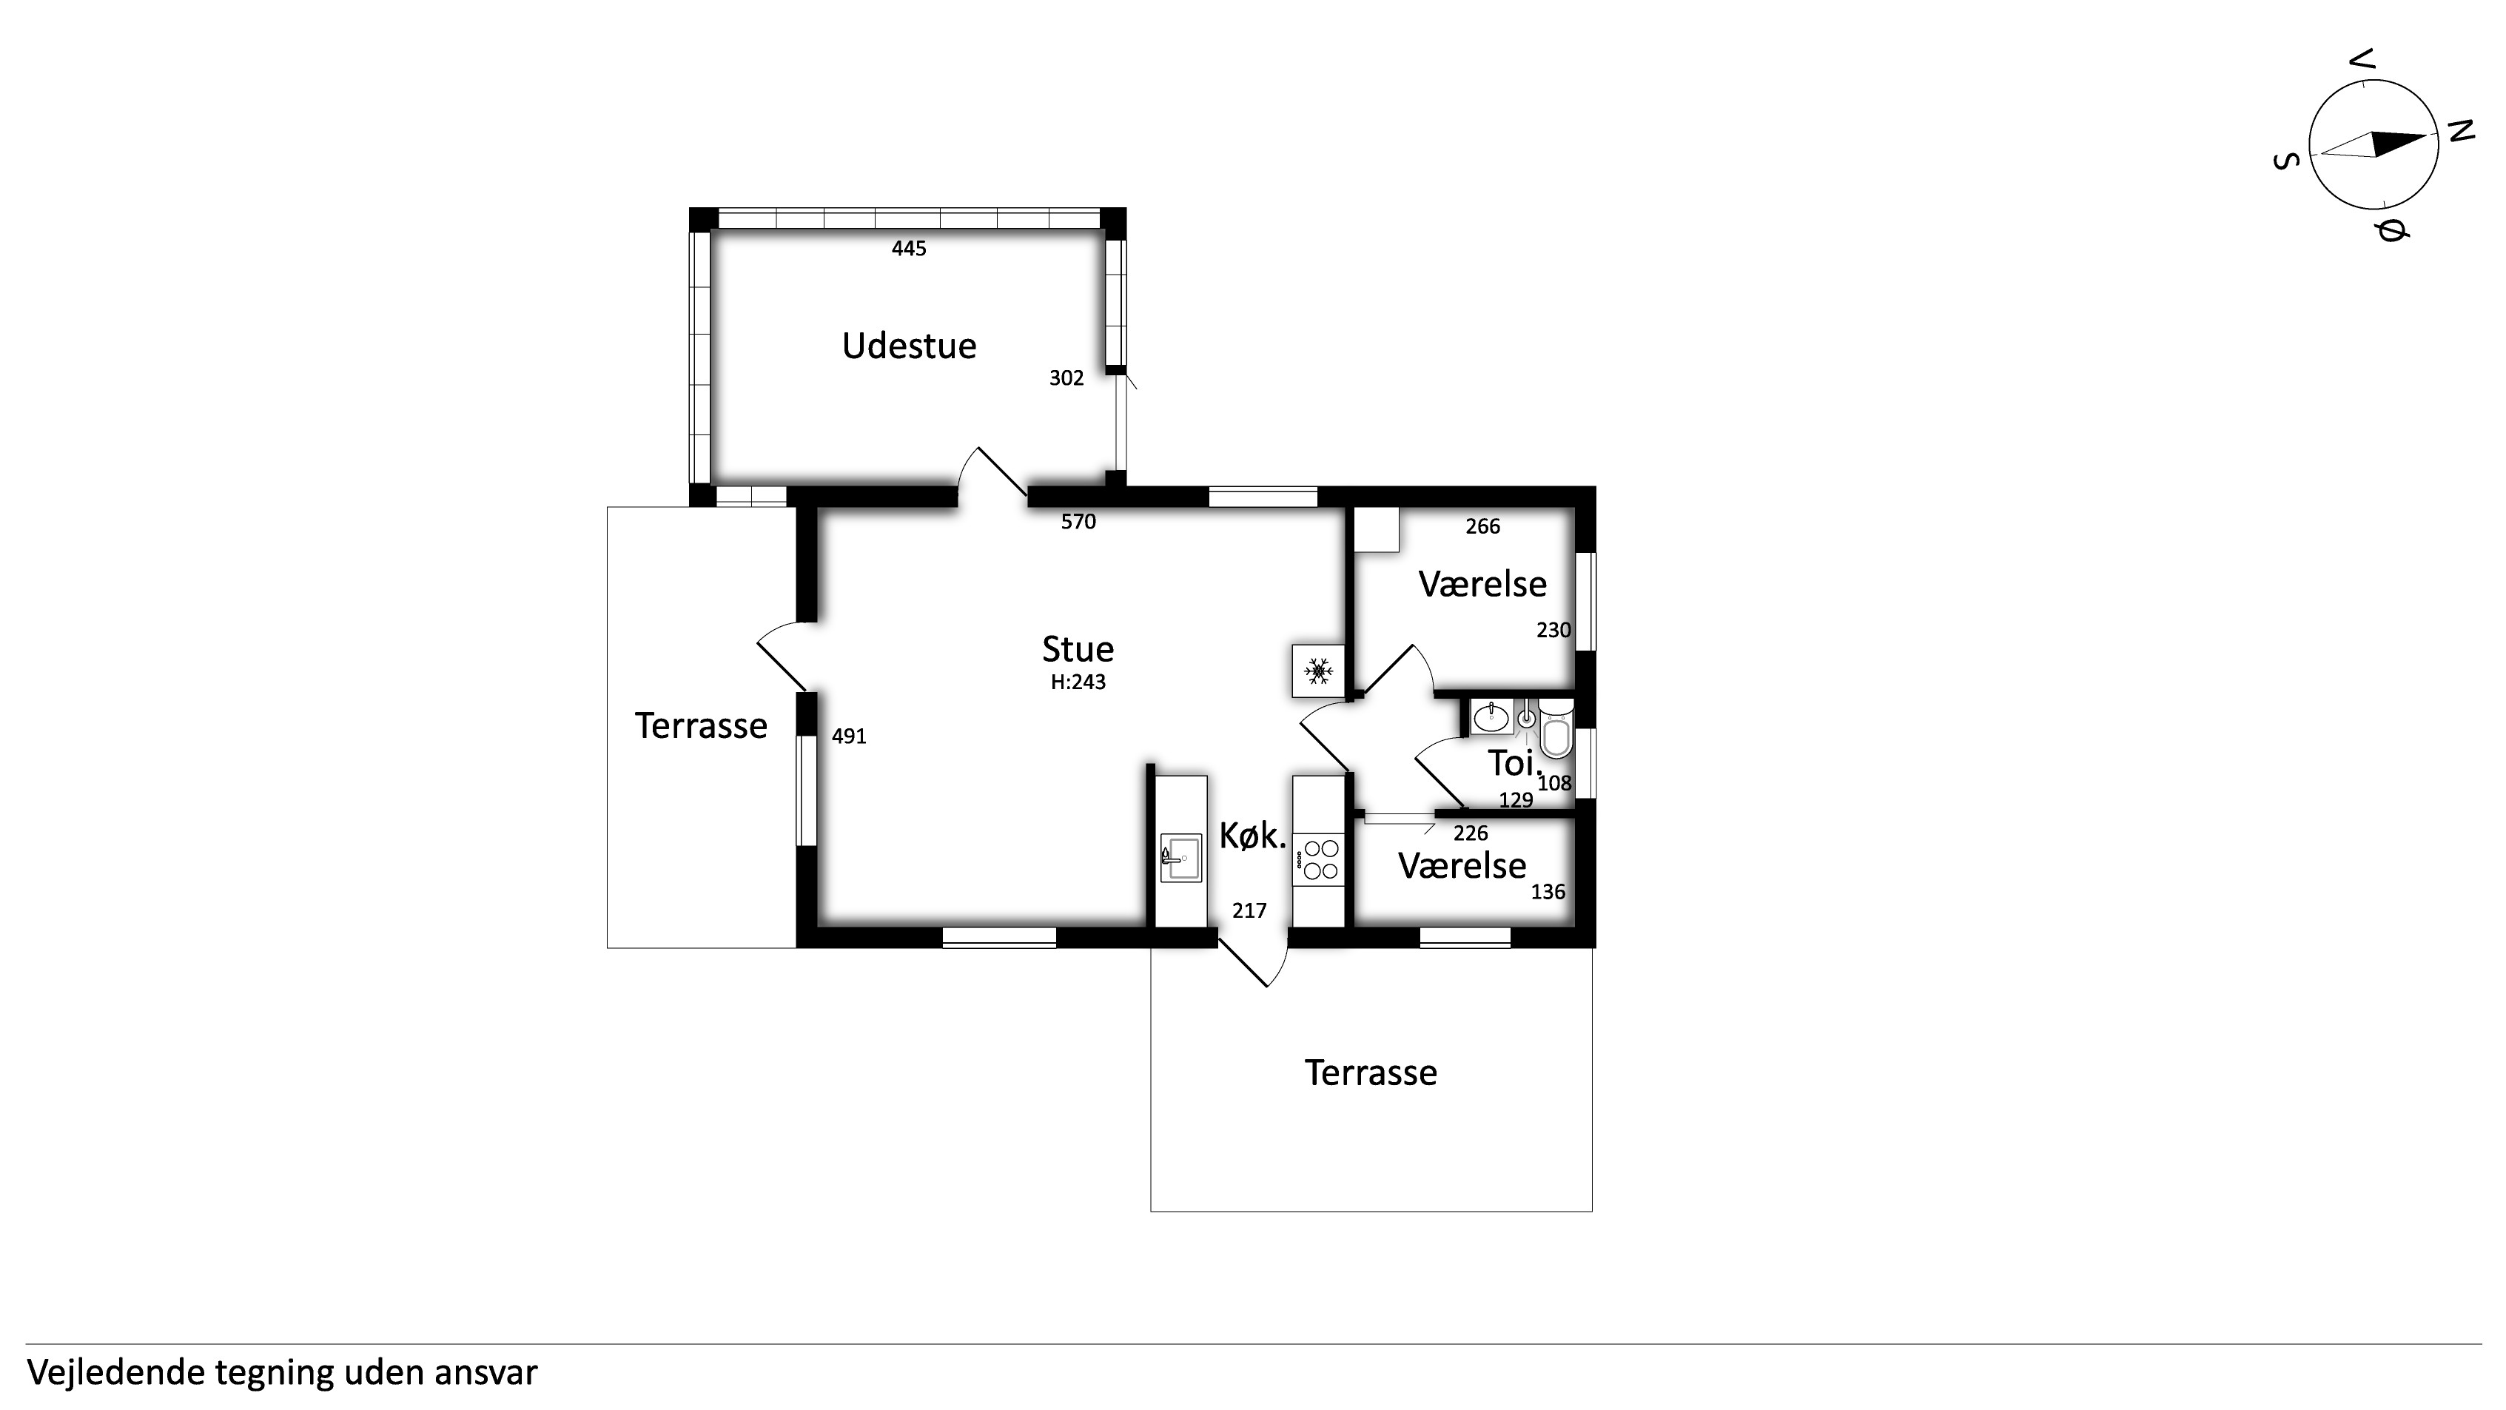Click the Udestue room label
click(909, 346)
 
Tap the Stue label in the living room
click(1078, 649)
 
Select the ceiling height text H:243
click(1078, 682)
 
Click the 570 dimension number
click(1078, 522)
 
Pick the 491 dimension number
click(848, 736)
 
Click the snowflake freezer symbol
click(1318, 671)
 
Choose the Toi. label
click(1514, 764)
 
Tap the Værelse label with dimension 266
click(1482, 584)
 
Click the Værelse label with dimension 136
click(1462, 865)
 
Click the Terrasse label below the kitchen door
click(1371, 1072)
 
